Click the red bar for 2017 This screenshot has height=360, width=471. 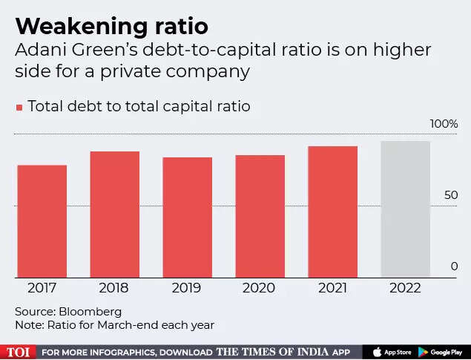42,221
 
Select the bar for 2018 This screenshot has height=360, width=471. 115,215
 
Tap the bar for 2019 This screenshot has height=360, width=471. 188,217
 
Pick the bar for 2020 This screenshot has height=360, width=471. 260,216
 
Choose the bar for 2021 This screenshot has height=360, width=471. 333,212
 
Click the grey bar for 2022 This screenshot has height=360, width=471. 406,209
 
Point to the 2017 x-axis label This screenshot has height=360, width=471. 42,288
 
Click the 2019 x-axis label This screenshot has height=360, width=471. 188,288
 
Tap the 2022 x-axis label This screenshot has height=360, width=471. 406,288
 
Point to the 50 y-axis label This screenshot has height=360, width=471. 451,195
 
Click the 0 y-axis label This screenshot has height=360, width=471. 455,266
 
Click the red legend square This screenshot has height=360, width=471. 19,108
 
